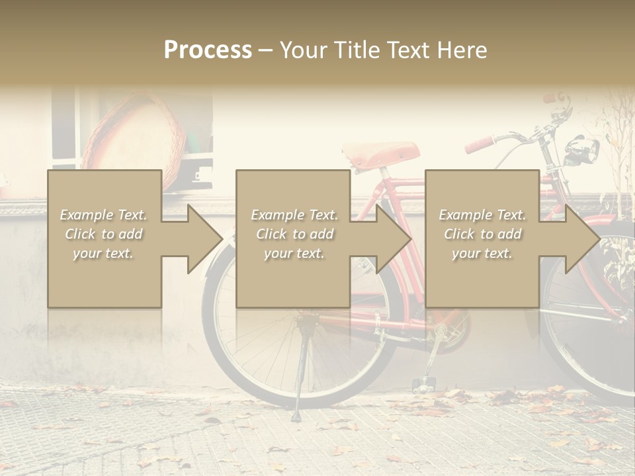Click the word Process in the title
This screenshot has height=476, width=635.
click(x=208, y=50)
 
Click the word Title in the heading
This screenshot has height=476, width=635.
click(x=355, y=50)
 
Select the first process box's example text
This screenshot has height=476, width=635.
click(x=103, y=234)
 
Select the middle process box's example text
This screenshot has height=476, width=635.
click(x=294, y=234)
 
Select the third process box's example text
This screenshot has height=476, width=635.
click(x=482, y=234)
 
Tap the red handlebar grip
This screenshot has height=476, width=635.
click(x=480, y=143)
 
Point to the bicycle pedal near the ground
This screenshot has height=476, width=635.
click(x=423, y=383)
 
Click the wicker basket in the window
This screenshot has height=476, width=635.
click(x=136, y=132)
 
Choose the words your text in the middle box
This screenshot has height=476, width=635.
click(x=294, y=253)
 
